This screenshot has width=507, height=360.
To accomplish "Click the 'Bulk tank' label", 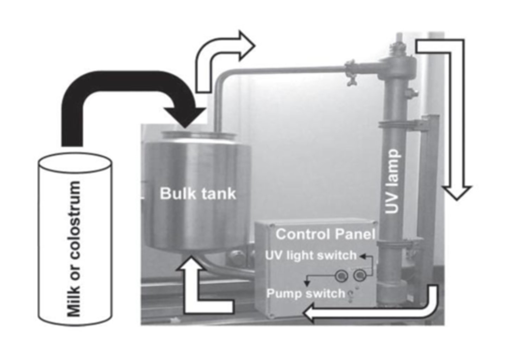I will tap(198, 194).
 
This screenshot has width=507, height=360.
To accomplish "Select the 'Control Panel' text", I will tap(325, 234).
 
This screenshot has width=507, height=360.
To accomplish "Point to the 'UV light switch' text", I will tap(311, 255).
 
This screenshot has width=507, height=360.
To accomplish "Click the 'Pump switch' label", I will tap(306, 293).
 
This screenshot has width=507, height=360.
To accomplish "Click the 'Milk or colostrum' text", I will tap(75, 248).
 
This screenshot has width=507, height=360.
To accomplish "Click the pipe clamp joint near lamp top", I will tap(351, 69).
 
